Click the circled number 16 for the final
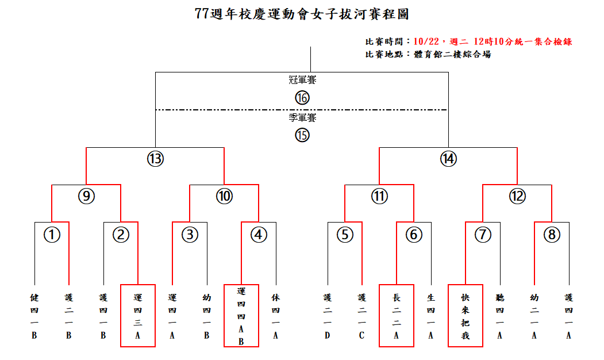[x=302, y=98]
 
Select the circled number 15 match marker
[x=302, y=135]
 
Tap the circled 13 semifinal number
[x=156, y=159]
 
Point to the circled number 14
[x=448, y=159]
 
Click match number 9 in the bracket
[x=86, y=196]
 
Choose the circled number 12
[x=517, y=196]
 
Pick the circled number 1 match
[x=52, y=235]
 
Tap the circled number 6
[x=414, y=235]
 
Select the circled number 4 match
[x=259, y=235]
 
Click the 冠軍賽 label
[x=302, y=80]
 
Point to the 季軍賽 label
[x=302, y=117]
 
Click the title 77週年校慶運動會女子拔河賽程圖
[x=302, y=14]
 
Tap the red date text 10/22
[x=426, y=41]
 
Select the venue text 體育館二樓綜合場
[x=453, y=55]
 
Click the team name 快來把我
[x=465, y=316]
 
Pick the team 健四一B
[x=34, y=316]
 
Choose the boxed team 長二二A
[x=397, y=316]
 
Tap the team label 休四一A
[x=275, y=316]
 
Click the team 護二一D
[x=328, y=316]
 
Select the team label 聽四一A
[x=499, y=316]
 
